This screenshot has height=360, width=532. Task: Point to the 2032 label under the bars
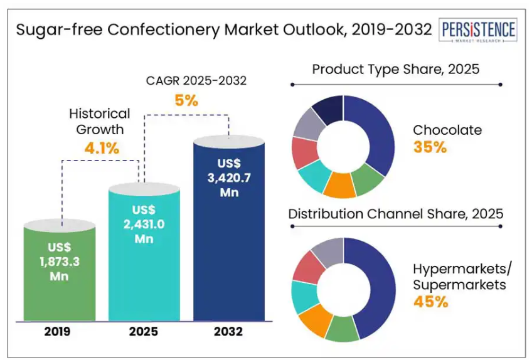229,331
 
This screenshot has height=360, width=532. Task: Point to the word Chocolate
447,130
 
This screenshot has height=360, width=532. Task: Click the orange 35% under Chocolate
430,147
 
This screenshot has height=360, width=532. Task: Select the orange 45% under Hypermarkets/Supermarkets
430,302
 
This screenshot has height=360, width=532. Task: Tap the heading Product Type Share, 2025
395,69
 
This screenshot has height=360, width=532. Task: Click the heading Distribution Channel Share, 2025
395,213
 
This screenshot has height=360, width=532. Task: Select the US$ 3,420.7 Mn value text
229,177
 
